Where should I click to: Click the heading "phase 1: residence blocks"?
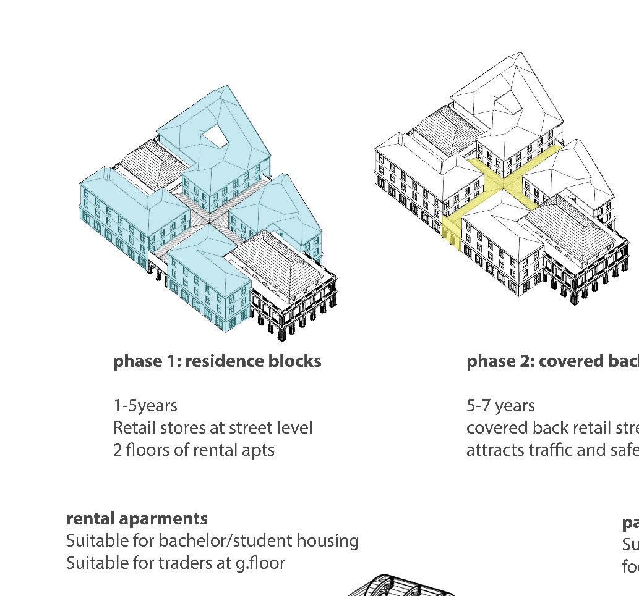(x=217, y=361)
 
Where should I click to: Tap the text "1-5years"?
(x=145, y=406)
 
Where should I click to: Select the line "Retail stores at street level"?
(x=212, y=428)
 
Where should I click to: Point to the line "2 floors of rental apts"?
(x=193, y=450)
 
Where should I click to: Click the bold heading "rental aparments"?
(x=137, y=518)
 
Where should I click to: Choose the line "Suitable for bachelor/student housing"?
(x=212, y=541)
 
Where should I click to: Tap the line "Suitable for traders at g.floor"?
(x=175, y=563)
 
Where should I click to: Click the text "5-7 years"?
(x=500, y=406)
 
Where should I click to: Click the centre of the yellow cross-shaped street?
(x=503, y=182)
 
